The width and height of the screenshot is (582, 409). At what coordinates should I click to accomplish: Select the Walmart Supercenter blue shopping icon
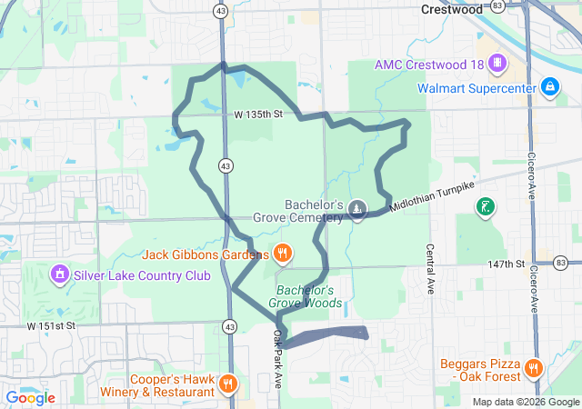(x=549, y=88)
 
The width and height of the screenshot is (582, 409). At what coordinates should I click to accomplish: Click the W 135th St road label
(x=258, y=115)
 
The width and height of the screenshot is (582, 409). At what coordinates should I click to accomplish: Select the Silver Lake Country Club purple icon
(x=60, y=272)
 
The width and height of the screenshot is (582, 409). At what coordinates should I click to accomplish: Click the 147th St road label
(x=506, y=264)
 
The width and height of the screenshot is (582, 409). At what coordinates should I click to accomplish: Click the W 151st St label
(x=51, y=325)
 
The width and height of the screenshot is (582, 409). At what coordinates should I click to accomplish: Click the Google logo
(x=30, y=397)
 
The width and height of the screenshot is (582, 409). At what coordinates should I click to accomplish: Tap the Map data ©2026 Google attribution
(x=525, y=402)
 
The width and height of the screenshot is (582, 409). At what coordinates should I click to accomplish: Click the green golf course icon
(x=487, y=207)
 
